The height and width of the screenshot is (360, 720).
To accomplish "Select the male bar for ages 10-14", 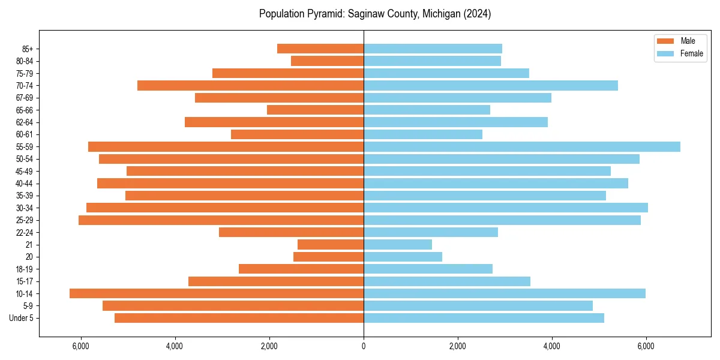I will (x=217, y=293).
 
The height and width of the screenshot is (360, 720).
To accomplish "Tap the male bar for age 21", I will (x=331, y=244).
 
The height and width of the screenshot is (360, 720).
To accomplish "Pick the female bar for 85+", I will (x=433, y=49).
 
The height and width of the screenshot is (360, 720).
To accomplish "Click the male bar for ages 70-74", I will (x=250, y=85).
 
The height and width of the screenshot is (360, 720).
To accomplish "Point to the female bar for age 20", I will (x=403, y=257).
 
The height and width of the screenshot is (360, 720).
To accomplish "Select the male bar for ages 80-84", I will (x=327, y=61).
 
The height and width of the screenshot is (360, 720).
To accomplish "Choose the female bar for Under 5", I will (x=484, y=318).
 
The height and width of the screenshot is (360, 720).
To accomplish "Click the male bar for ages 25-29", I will (x=221, y=220).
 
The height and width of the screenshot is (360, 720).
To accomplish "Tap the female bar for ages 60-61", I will (x=422, y=134).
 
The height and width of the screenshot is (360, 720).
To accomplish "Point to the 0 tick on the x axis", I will (x=364, y=346).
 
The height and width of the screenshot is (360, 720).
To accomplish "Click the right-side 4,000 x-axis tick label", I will (x=551, y=346).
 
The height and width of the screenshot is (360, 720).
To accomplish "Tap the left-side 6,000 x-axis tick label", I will (x=80, y=346).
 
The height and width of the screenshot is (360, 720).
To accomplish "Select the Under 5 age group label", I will (x=22, y=318).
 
